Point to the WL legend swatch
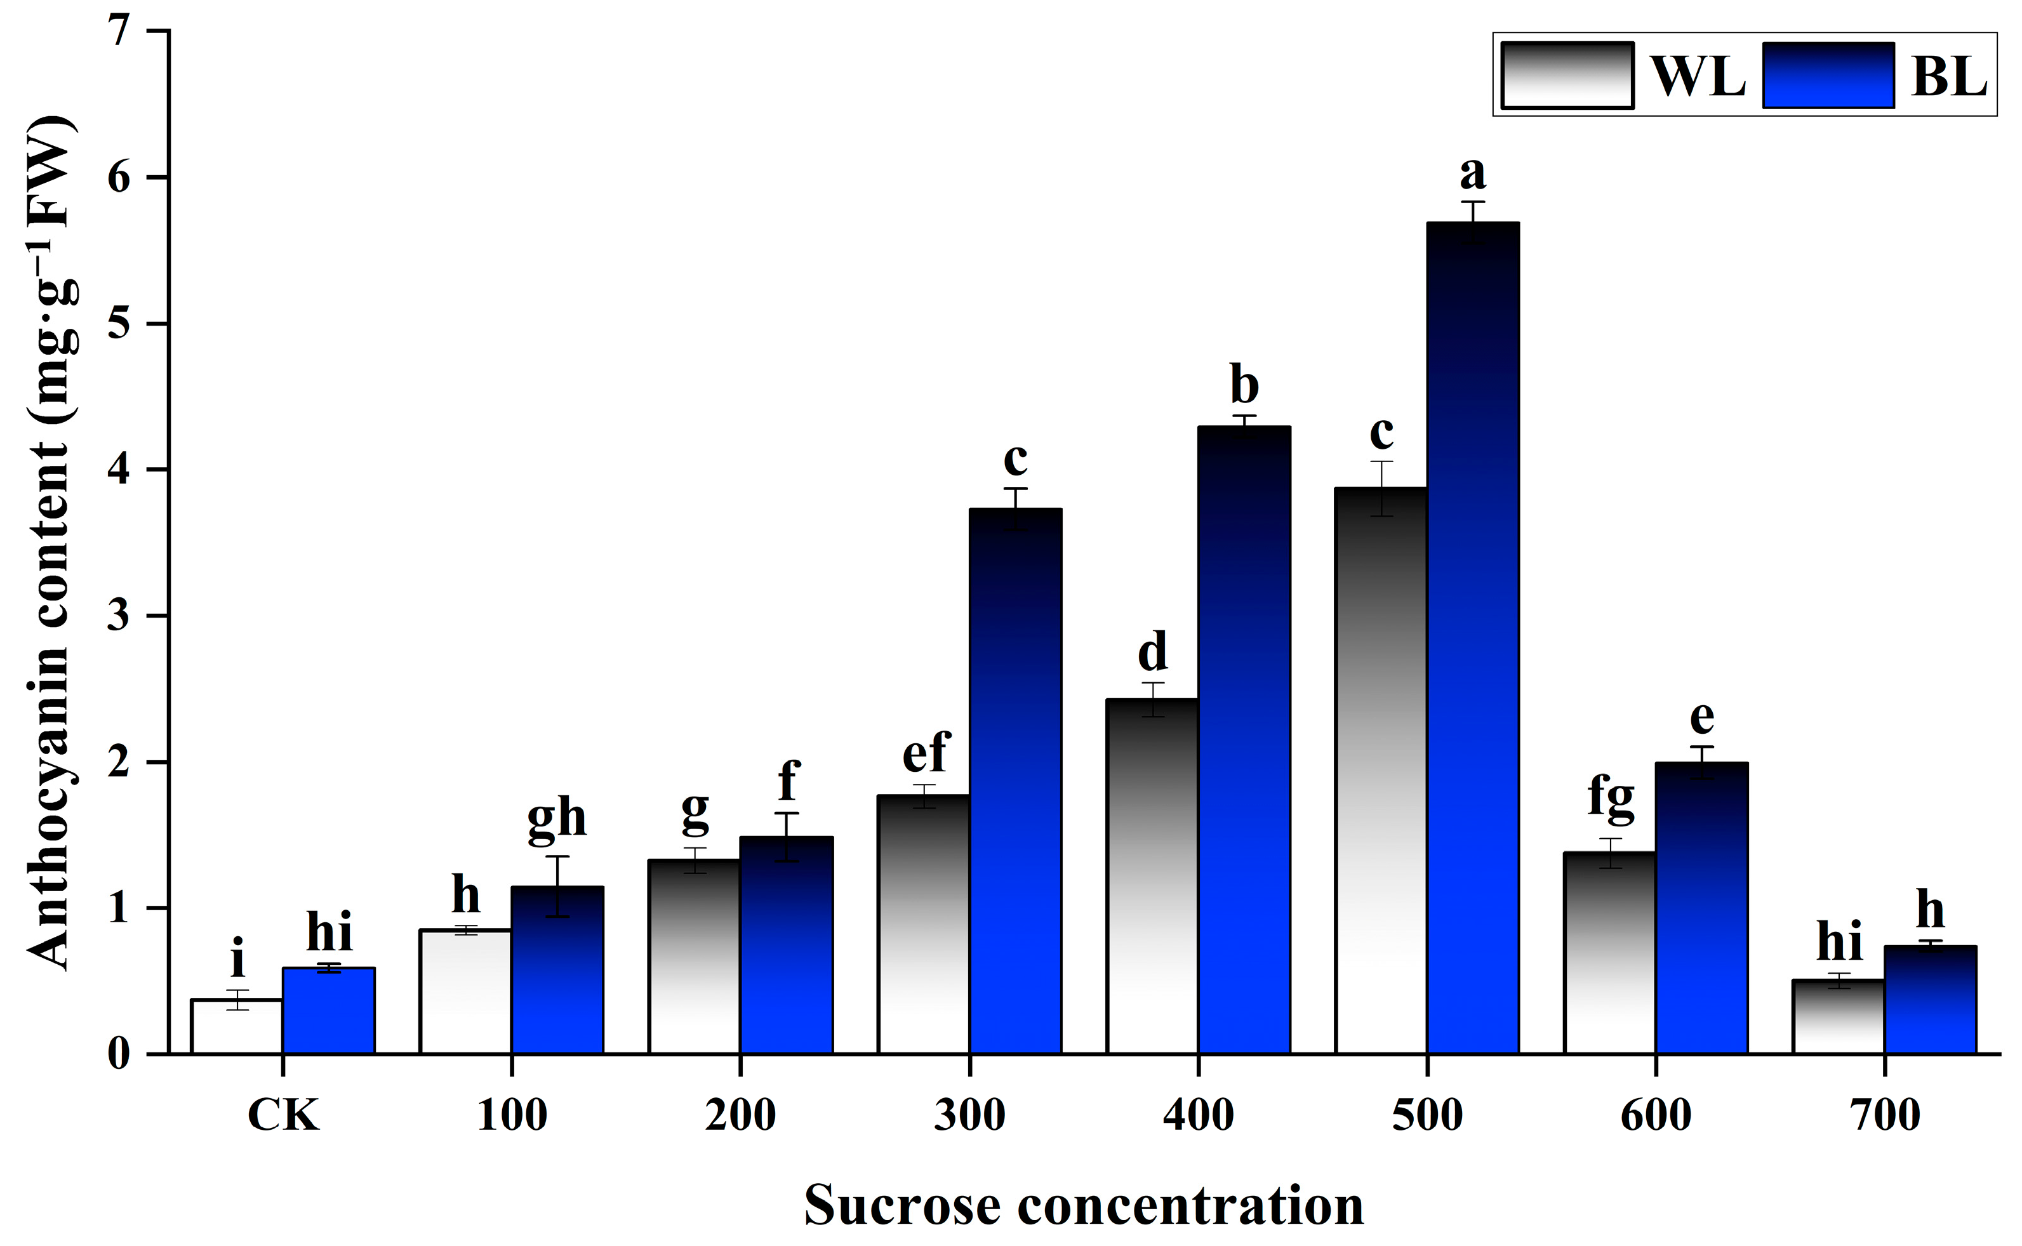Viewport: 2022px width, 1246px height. coord(1567,75)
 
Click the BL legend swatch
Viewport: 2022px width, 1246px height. coord(1828,75)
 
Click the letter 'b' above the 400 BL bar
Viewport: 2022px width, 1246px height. coord(1244,384)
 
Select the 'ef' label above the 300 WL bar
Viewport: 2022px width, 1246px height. coord(926,752)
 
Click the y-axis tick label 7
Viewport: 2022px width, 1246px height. coord(119,32)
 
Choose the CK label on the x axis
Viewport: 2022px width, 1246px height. coord(283,1116)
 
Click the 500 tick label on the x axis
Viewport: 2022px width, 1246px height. coord(1427,1116)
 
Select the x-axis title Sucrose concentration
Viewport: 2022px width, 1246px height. coord(1084,1205)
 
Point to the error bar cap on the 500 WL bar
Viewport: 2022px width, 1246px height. coord(1381,461)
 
